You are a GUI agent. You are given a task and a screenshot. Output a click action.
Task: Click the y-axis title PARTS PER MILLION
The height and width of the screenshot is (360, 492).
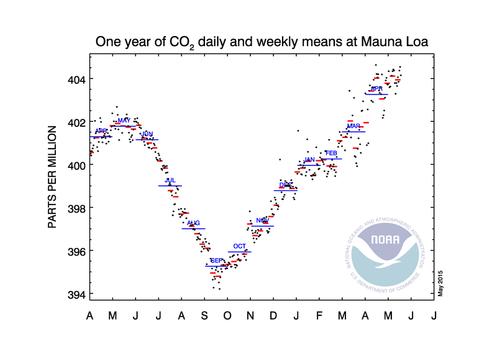(53, 177)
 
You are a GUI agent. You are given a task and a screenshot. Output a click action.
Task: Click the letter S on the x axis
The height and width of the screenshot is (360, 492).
(204, 316)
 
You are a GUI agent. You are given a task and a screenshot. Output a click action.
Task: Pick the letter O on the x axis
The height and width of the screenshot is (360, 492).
(227, 316)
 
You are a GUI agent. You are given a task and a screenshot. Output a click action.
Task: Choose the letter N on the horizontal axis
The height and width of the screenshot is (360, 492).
(250, 316)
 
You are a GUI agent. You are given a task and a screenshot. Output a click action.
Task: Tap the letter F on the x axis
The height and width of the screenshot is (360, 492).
(319, 316)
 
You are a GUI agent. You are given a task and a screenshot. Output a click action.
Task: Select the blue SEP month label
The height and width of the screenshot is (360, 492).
(217, 261)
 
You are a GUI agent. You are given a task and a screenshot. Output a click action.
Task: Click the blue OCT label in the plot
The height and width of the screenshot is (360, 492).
(239, 247)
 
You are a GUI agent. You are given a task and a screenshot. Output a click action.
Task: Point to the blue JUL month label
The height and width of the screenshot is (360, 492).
(170, 180)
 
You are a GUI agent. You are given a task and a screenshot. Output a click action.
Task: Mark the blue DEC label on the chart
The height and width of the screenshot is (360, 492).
(285, 185)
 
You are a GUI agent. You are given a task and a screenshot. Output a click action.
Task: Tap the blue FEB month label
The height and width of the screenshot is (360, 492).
(331, 153)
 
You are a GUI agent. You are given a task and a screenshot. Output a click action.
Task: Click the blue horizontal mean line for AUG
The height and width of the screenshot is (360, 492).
(193, 229)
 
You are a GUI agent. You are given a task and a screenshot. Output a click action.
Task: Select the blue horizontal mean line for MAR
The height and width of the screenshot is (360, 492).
(353, 132)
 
